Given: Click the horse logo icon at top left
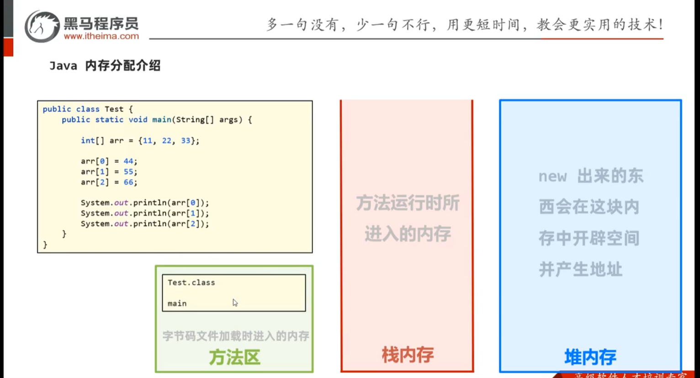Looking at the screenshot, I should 42,27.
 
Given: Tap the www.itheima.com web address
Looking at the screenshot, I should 101,36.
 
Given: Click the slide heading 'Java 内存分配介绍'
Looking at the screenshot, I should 105,66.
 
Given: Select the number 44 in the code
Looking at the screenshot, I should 128,161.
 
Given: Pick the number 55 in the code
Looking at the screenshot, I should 128,172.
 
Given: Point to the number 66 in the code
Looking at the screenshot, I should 128,182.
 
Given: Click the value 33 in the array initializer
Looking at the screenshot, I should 186,141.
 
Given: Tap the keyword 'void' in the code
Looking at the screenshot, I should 138,120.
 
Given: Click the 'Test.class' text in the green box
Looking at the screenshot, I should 191,282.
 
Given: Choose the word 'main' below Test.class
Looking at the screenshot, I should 177,303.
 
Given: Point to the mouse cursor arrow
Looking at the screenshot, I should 235,303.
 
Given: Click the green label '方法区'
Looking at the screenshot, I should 234,357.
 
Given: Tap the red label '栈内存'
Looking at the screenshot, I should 408,355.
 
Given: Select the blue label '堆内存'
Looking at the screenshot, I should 590,357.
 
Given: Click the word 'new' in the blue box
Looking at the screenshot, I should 552,176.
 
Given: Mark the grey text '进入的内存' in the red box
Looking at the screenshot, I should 408,234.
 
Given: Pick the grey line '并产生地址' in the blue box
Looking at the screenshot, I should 580,270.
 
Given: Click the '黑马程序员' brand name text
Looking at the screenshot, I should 101,23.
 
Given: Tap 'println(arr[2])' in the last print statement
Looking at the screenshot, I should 171,224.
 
